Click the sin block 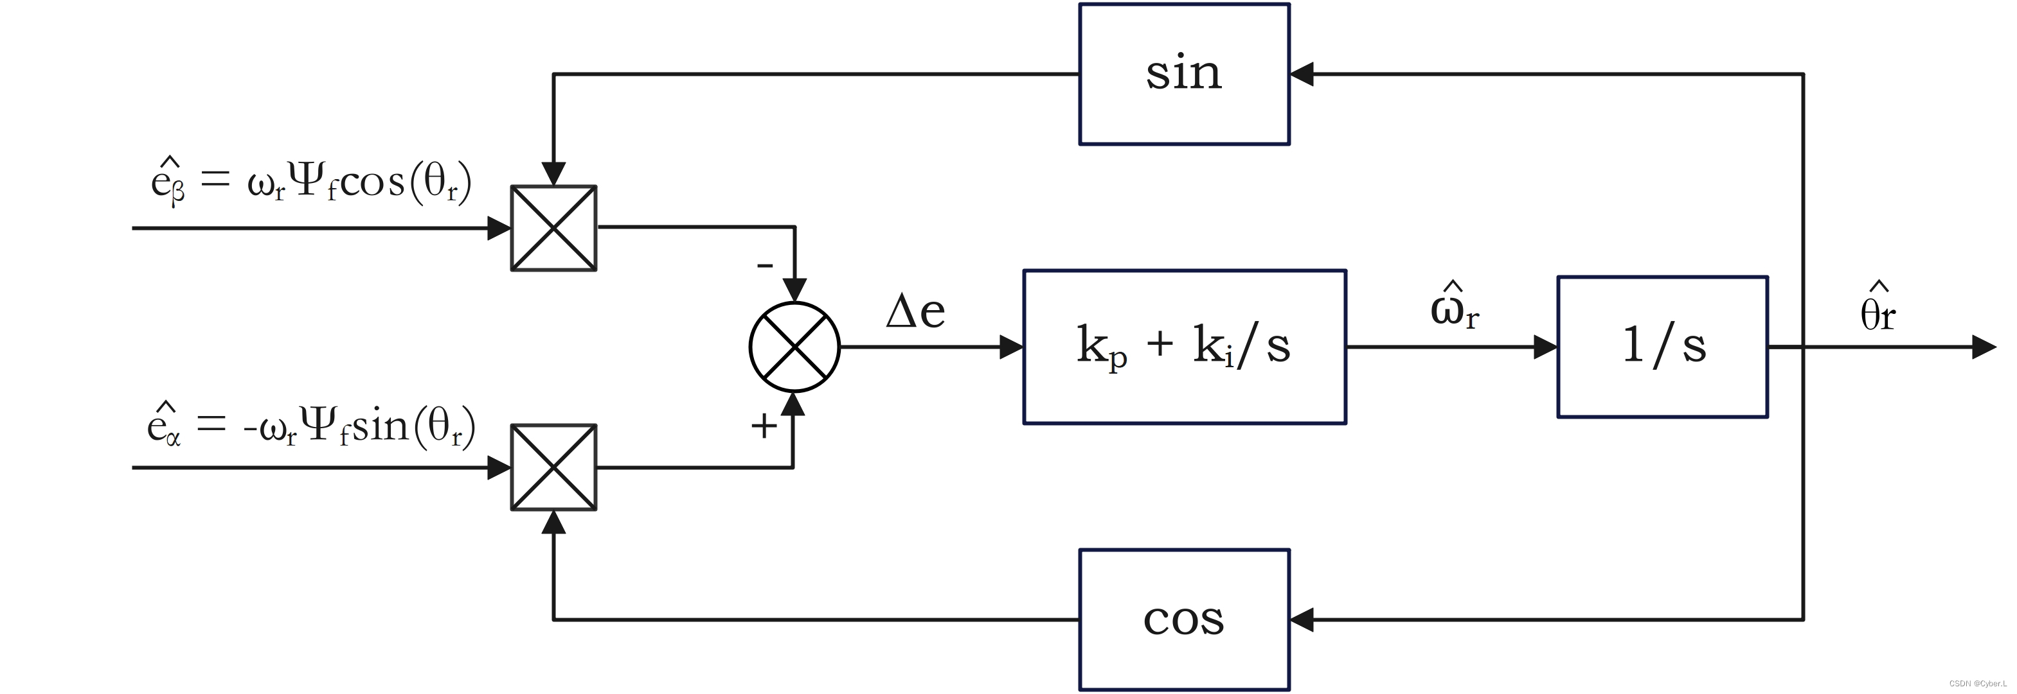pyautogui.click(x=1183, y=74)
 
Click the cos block pyautogui.click(x=1183, y=619)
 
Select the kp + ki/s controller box pyautogui.click(x=1184, y=347)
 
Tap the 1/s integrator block pyautogui.click(x=1662, y=347)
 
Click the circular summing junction pyautogui.click(x=794, y=347)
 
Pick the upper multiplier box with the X pyautogui.click(x=553, y=228)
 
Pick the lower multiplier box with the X pyautogui.click(x=553, y=467)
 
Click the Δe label pyautogui.click(x=915, y=311)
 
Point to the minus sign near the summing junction pyautogui.click(x=764, y=266)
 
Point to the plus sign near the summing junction pyautogui.click(x=764, y=426)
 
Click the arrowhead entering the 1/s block pyautogui.click(x=1545, y=347)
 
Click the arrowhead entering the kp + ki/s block pyautogui.click(x=1011, y=347)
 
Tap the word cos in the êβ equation pyautogui.click(x=372, y=182)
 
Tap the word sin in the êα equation pyautogui.click(x=380, y=426)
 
